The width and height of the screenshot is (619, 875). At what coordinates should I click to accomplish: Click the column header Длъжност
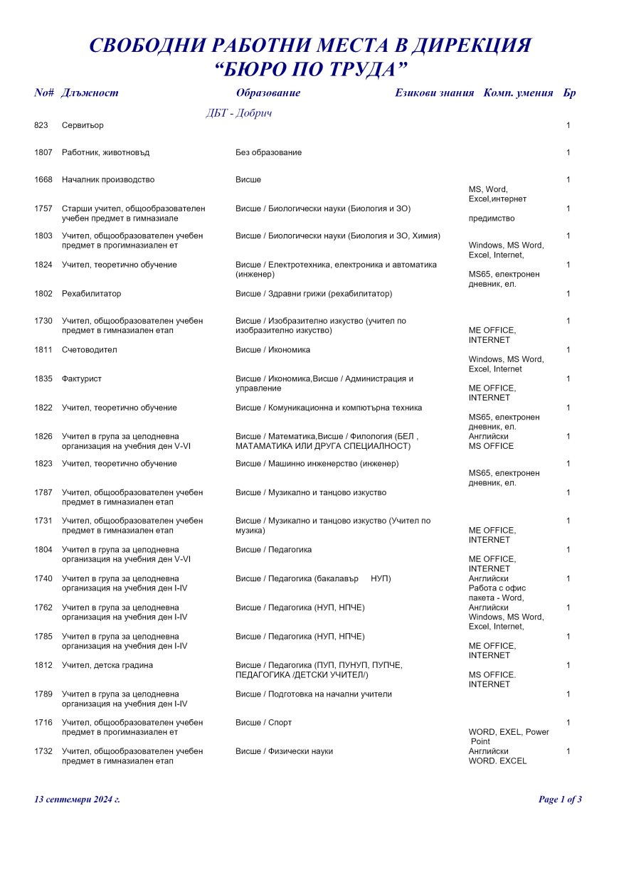tap(90, 92)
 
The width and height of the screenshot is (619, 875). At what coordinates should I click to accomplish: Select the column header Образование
tap(268, 92)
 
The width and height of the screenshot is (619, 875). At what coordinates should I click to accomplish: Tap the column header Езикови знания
tap(434, 92)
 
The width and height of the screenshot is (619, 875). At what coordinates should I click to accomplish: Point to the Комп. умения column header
tap(518, 92)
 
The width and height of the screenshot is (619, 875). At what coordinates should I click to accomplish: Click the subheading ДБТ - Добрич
tap(239, 113)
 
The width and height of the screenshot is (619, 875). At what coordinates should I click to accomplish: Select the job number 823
tap(41, 125)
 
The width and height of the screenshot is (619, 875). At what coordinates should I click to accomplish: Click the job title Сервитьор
tap(83, 125)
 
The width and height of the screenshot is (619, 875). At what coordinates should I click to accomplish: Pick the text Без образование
tap(268, 152)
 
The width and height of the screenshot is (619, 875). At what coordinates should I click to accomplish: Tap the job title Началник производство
tap(108, 180)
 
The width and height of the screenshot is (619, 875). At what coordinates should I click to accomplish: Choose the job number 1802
tap(43, 293)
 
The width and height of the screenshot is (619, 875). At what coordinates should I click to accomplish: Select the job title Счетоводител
tap(90, 350)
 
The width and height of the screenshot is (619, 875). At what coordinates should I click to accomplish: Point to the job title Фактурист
tap(82, 379)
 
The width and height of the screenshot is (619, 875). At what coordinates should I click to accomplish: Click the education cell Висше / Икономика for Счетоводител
tap(273, 350)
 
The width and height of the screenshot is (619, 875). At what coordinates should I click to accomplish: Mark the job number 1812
tap(43, 665)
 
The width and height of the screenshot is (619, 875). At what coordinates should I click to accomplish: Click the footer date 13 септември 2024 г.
tap(77, 800)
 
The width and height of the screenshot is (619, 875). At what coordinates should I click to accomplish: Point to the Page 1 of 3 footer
tap(560, 800)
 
